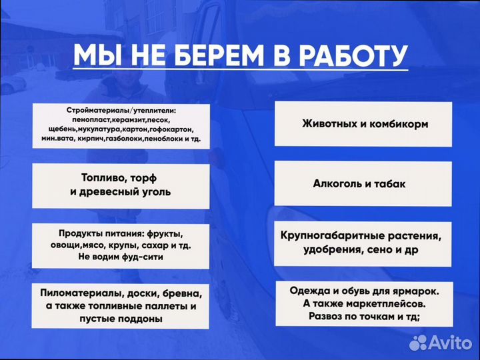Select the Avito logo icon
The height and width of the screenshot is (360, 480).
[x=418, y=343]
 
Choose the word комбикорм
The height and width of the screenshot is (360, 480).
[x=399, y=124]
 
